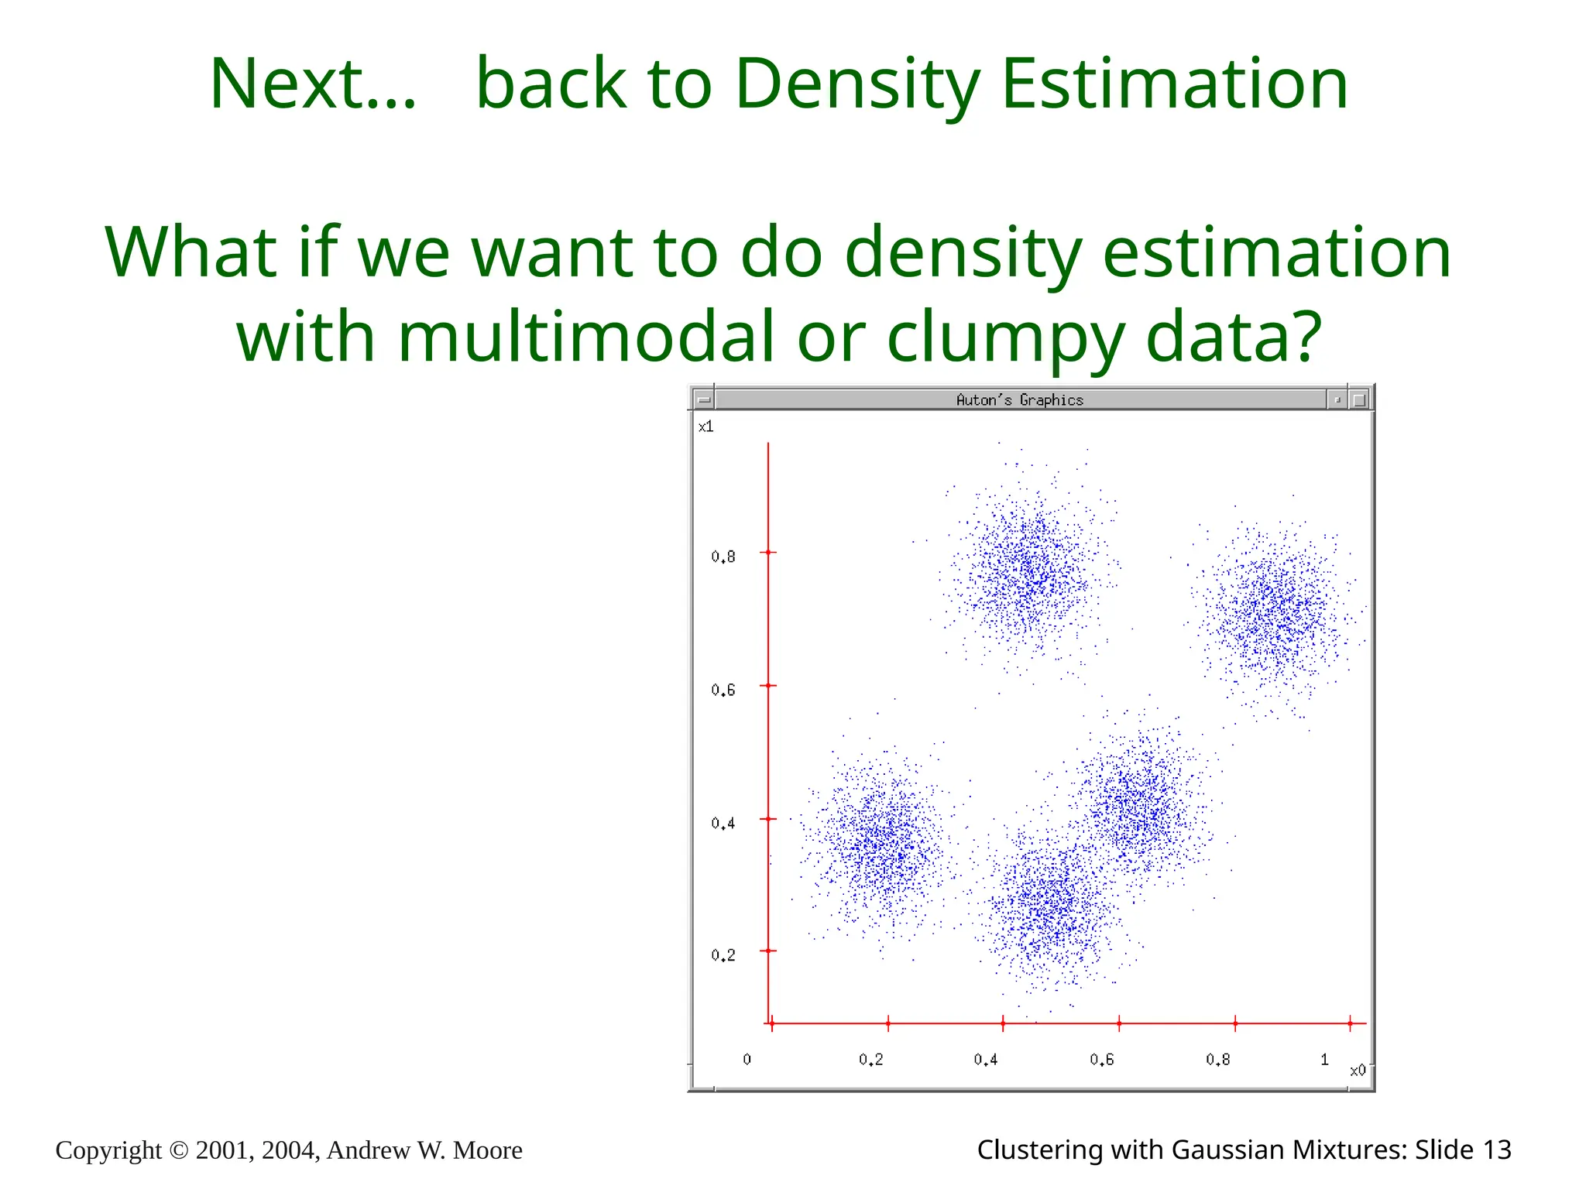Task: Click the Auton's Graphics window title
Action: coord(1019,400)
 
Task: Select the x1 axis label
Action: coord(705,427)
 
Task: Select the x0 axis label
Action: coord(1358,1071)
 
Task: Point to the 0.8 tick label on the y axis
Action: coord(723,557)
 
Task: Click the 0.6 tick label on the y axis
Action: coord(723,690)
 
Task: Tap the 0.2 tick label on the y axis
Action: coord(723,955)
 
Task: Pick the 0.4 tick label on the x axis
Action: coord(986,1059)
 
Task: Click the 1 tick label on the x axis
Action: coord(1324,1059)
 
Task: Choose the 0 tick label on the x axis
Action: coord(747,1059)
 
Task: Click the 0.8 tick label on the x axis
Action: coord(1217,1059)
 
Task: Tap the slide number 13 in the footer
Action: coord(1496,1150)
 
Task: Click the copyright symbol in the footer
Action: coord(178,1151)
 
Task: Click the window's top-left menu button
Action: coord(703,400)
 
